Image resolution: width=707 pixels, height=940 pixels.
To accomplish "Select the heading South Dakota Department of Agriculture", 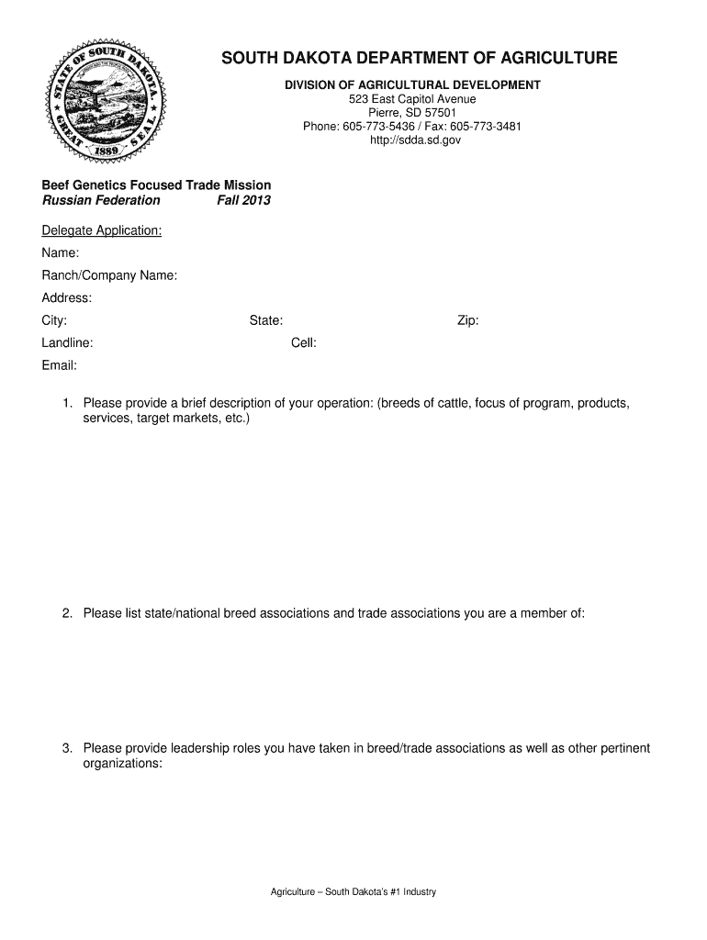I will coord(419,59).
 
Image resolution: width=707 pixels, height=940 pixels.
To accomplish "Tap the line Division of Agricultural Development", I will coord(411,85).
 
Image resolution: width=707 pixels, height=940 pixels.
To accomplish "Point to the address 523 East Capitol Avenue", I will coord(411,99).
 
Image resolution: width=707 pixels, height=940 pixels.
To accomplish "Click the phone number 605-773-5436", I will coord(374,127).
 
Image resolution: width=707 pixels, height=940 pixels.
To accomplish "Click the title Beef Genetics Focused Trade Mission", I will coord(156,185).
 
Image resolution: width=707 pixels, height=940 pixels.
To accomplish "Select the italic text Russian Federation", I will coord(101,200).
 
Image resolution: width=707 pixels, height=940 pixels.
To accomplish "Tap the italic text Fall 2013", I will coord(243,200).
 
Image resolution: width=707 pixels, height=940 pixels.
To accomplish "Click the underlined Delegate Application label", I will coord(102,230).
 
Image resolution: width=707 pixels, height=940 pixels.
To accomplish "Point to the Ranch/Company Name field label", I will coord(109,275).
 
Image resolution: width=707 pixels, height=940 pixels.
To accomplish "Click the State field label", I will coord(266,320).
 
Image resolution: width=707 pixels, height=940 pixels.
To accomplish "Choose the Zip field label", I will coord(468,320).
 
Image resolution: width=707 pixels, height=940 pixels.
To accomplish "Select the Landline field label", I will coord(67,342).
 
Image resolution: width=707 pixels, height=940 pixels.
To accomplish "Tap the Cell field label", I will coord(304,342).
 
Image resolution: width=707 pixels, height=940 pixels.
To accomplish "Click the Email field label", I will coord(60,365).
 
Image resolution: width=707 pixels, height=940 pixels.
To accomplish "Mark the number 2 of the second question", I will coord(67,613).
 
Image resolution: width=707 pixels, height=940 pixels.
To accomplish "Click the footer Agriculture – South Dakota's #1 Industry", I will coord(353,892).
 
